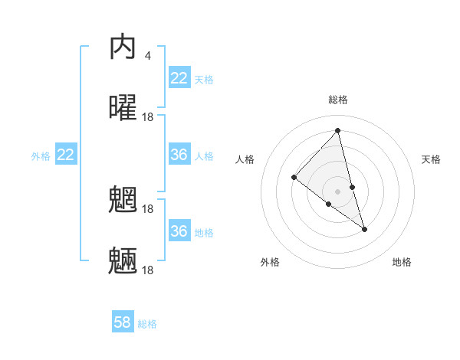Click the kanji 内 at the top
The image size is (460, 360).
[123, 48]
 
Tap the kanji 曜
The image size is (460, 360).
[123, 108]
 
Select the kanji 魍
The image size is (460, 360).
[123, 201]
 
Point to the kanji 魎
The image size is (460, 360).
[123, 261]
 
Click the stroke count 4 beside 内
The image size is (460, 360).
[147, 56]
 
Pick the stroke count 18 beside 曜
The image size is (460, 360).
[149, 116]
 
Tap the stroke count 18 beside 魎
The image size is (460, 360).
[149, 270]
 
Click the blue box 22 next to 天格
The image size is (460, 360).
[179, 78]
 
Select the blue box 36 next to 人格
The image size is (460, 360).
[179, 155]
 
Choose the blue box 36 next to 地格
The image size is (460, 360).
[179, 231]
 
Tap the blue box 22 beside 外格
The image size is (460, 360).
[66, 155]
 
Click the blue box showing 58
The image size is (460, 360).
[123, 322]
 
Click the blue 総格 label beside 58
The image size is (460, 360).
[147, 324]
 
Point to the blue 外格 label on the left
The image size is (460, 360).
[41, 156]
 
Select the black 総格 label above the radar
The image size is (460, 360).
[338, 100]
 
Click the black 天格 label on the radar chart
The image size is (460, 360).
[432, 159]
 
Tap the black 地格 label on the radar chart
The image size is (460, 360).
[402, 262]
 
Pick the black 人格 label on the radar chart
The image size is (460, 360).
[245, 159]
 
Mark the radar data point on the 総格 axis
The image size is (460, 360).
[338, 131]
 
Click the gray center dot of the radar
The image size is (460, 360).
[338, 191]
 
